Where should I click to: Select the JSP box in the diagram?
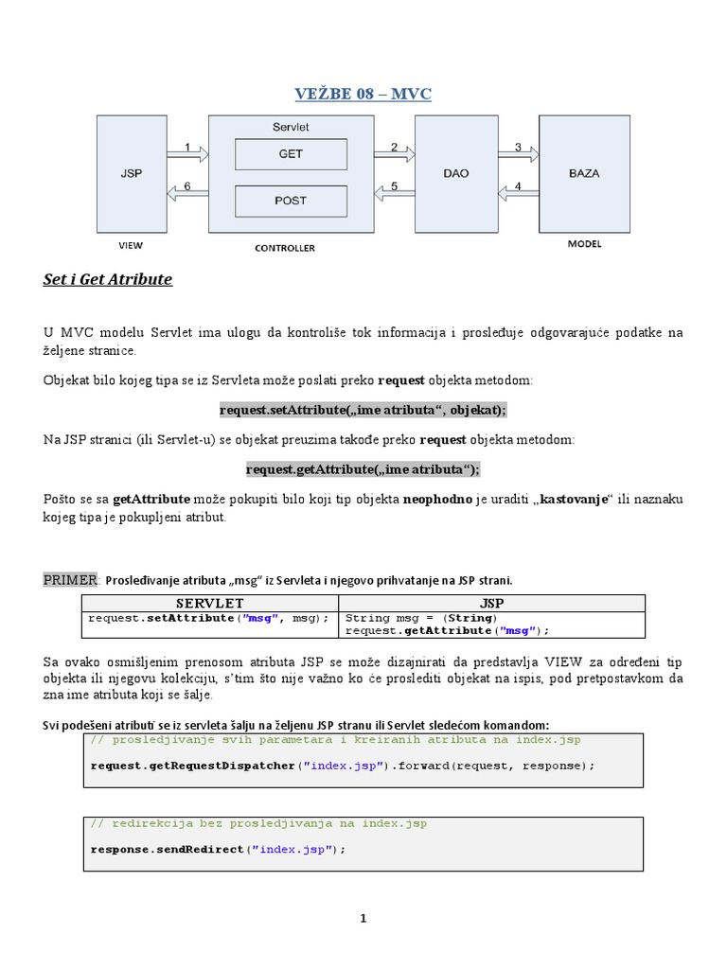point(131,174)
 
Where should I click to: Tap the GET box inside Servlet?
point(291,153)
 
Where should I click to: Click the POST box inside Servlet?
point(291,201)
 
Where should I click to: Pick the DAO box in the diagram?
point(456,174)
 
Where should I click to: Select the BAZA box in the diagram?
point(583,173)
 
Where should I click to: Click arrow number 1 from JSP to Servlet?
point(186,151)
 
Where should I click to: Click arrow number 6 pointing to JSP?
point(186,191)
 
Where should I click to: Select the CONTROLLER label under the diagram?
point(285,248)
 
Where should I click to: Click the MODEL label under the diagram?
point(584,244)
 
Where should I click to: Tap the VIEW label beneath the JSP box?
point(131,245)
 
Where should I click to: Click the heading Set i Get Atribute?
point(108,280)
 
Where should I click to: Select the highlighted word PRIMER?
point(71,579)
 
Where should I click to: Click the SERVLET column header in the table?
point(210,603)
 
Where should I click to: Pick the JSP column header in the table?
point(491,603)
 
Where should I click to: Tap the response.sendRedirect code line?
point(219,849)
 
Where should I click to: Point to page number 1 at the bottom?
point(363,918)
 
